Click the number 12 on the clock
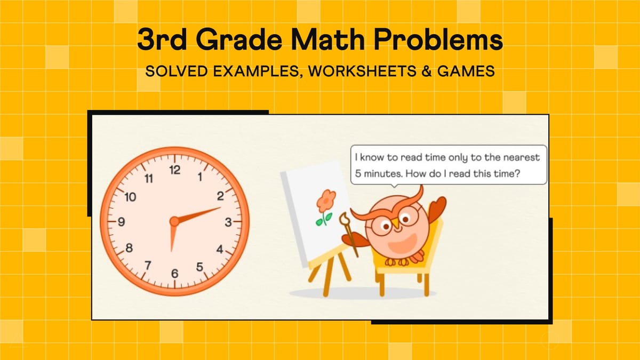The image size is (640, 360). tap(174, 171)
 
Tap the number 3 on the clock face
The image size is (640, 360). tap(228, 223)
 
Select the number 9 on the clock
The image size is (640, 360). tap(122, 223)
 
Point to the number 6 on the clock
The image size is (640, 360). tap(174, 274)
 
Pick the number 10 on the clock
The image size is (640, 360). tap(130, 197)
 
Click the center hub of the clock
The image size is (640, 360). tap(174, 221)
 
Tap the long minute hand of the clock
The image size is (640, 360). tap(200, 214)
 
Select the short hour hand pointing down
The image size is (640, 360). tap(172, 237)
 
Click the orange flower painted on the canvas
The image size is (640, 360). tap(325, 201)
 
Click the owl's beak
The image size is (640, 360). tap(396, 226)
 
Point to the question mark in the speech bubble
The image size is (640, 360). tap(518, 173)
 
